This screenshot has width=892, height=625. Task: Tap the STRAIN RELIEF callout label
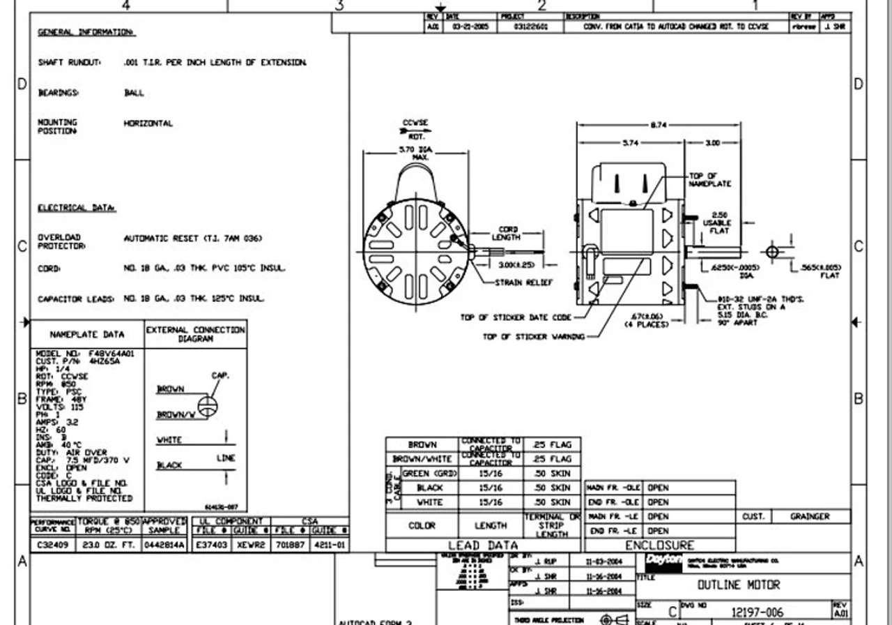523,283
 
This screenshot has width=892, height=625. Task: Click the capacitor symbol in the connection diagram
207,405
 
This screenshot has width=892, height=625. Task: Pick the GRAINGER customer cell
810,517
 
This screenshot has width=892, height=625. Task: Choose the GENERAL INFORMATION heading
86,32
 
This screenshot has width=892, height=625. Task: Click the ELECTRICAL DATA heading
77,208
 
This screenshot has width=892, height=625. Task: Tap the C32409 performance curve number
52,545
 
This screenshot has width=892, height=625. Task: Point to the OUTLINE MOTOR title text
739,585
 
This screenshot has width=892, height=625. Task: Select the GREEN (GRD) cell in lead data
429,474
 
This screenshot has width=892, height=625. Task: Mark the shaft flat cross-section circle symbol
772,251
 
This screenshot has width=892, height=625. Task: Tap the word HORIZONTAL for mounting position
148,123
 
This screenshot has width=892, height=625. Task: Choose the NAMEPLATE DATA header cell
86,334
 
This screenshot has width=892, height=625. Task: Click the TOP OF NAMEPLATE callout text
709,180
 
